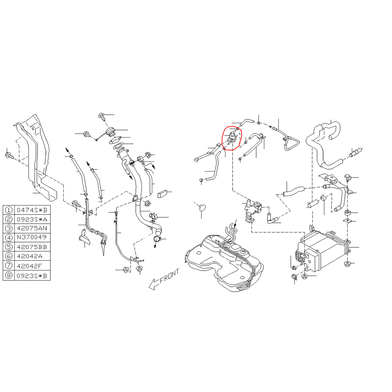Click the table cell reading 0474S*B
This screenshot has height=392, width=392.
[x=32, y=210]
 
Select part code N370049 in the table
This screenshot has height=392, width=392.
[x=32, y=237]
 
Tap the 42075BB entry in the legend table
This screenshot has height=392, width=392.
[x=32, y=247]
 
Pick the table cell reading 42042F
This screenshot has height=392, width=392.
[x=32, y=266]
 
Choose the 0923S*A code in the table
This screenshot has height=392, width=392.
[x=32, y=219]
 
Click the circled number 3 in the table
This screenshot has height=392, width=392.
[x=9, y=228]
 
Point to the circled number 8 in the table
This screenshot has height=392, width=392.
[x=9, y=276]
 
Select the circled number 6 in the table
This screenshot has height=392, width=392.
[x=9, y=256]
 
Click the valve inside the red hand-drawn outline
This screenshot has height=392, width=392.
[x=232, y=138]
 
